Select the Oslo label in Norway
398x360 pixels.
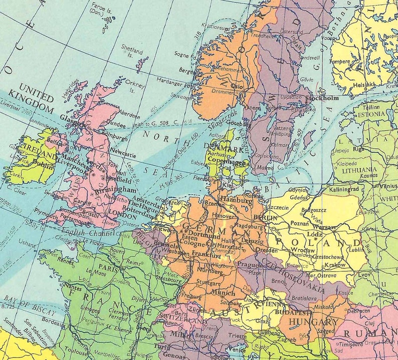236,87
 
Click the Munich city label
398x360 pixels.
223,293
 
